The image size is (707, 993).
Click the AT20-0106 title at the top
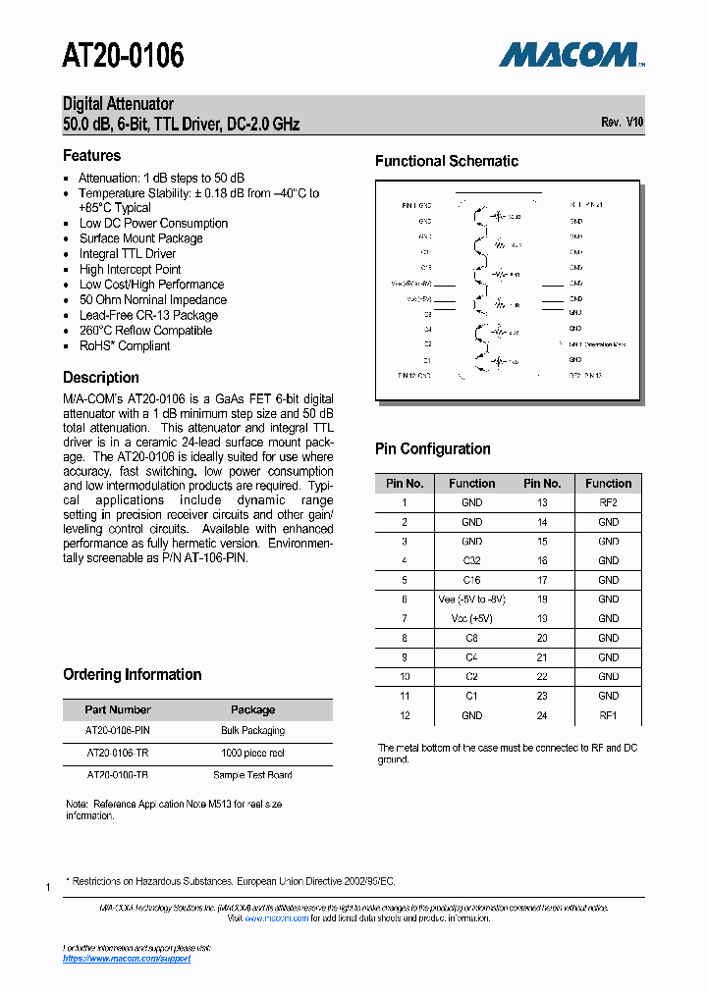point(123,56)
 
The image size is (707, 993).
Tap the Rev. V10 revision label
point(622,123)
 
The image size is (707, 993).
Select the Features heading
point(91,155)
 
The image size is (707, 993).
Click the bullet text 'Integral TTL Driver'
point(128,254)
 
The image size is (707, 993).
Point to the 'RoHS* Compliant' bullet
point(125,345)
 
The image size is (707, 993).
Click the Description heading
point(101,377)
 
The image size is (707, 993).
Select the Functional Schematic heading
point(447,161)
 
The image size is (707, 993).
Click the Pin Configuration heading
point(433,448)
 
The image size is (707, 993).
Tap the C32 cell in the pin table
point(471,560)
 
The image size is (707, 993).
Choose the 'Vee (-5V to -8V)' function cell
point(471,599)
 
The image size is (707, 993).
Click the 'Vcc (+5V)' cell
point(471,618)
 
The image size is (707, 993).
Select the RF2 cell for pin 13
point(608,502)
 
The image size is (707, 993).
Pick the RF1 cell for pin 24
point(608,715)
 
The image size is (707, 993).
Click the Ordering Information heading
point(133,674)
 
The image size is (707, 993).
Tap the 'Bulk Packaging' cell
point(252,730)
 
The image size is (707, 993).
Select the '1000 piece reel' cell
point(252,753)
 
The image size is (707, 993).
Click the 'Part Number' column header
point(118,709)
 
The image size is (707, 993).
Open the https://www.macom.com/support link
point(127,959)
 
